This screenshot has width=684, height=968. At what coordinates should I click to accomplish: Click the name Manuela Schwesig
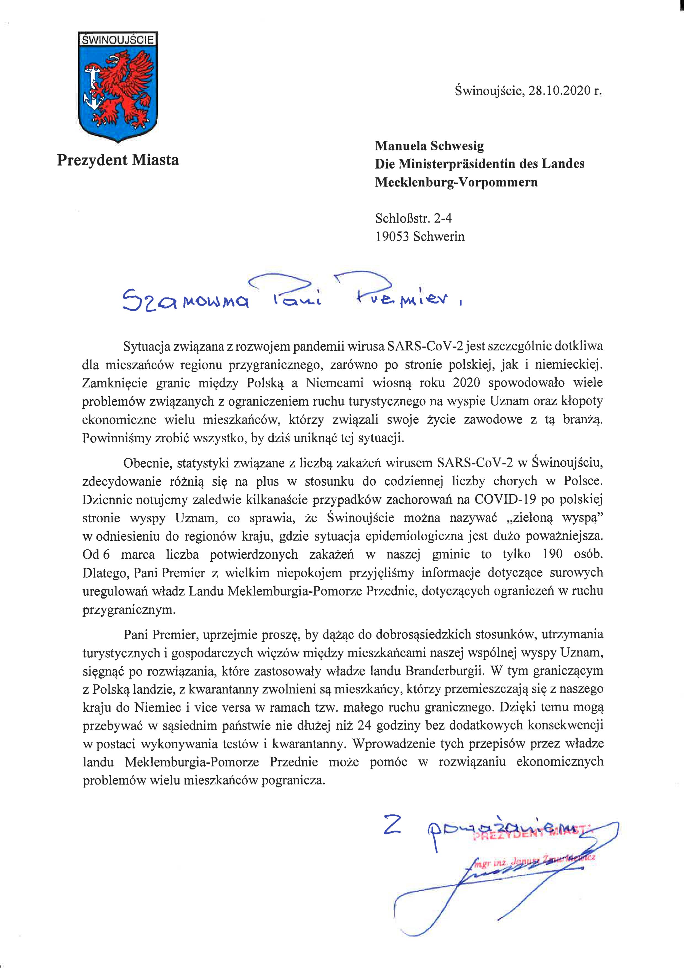click(429, 146)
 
